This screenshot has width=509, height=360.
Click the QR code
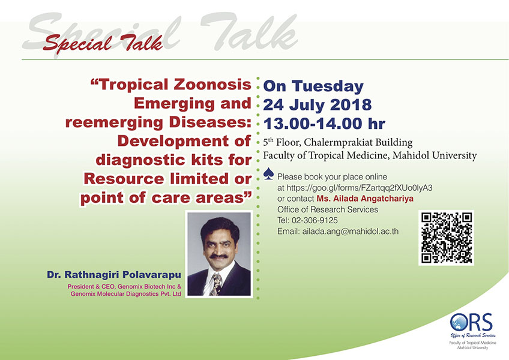point(447,238)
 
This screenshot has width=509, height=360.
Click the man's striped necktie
point(215,284)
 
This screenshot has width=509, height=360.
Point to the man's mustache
point(218,256)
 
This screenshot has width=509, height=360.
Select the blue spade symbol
point(268,173)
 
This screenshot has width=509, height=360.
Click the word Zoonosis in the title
point(212,85)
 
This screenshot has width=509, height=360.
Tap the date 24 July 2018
point(317,105)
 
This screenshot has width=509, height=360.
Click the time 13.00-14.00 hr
point(324,124)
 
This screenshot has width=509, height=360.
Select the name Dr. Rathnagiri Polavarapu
point(114,275)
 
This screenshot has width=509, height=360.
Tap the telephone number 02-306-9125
point(315,220)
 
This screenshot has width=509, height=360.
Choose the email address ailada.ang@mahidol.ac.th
point(351,232)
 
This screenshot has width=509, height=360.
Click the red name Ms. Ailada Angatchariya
point(365,199)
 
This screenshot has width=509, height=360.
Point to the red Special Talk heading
point(103,43)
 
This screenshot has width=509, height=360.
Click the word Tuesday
point(328,86)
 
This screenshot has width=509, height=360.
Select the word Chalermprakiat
point(336,143)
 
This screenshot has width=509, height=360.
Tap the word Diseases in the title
point(210,122)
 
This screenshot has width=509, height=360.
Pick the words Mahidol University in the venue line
point(435,155)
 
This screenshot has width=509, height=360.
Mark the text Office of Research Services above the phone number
point(328,210)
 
